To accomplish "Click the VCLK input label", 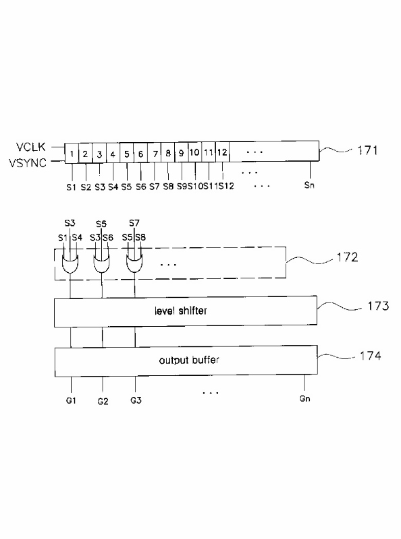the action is [x=30, y=147].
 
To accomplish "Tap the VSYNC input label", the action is [x=28, y=162].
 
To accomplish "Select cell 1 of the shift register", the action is [x=72, y=154].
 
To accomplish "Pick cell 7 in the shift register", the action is [x=155, y=153].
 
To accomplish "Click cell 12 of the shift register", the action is [x=223, y=152].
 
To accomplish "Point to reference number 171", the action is [x=367, y=150].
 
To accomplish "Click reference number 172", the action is [x=347, y=257].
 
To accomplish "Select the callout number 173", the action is [x=378, y=306].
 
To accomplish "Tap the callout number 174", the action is [x=371, y=355].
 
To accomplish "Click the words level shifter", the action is [x=180, y=311].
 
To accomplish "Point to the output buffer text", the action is [x=189, y=360].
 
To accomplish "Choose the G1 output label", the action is [x=71, y=400].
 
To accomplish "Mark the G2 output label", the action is [x=103, y=401].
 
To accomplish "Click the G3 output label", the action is [x=136, y=400].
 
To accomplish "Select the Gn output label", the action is [x=304, y=398].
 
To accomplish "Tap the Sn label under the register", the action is [x=309, y=185].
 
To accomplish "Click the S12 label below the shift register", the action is [x=226, y=186].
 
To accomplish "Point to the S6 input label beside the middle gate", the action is [x=108, y=238].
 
